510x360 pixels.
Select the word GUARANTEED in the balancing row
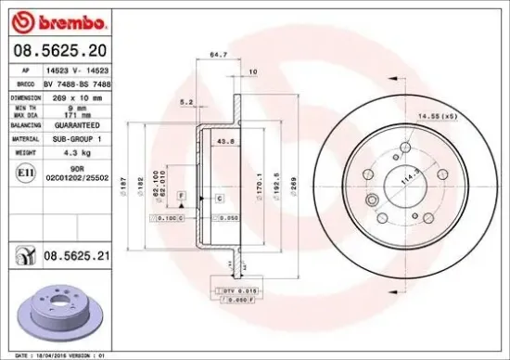[x=78, y=123]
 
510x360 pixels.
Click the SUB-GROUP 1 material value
[x=77, y=137]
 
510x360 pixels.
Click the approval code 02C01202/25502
[x=78, y=176]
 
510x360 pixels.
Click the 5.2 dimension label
[x=185, y=102]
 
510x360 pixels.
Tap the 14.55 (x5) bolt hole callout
[x=437, y=115]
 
